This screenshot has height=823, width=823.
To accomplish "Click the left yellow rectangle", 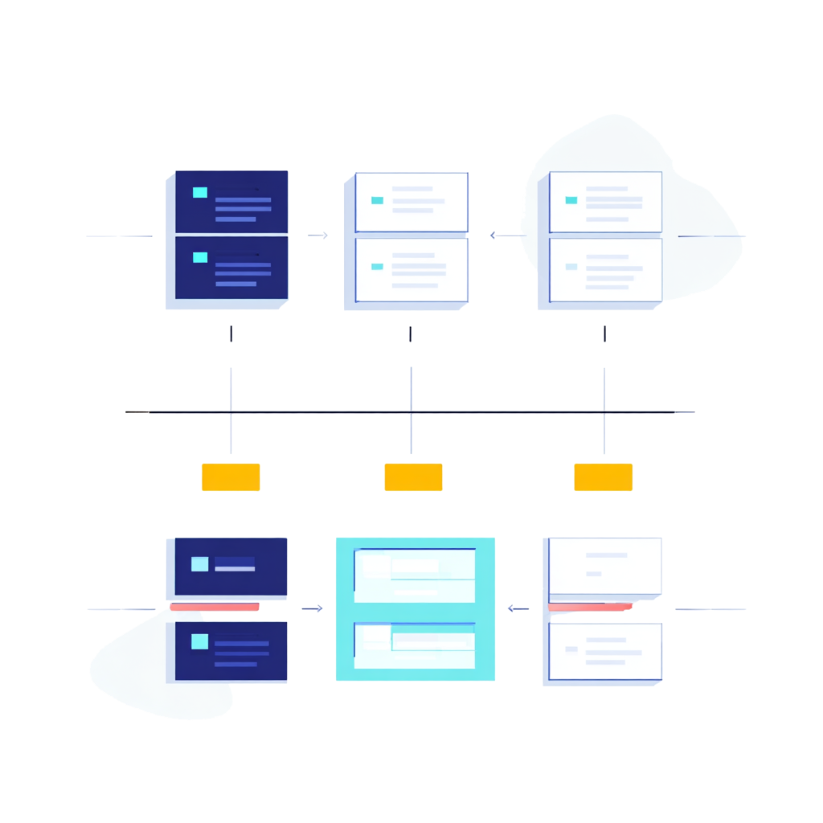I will pyautogui.click(x=231, y=477).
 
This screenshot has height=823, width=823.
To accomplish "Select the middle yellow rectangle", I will pyautogui.click(x=413, y=477).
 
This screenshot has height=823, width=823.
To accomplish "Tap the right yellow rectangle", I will pyautogui.click(x=603, y=477).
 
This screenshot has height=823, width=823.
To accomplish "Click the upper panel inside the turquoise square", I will pyautogui.click(x=415, y=575).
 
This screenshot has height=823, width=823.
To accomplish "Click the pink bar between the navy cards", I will pyautogui.click(x=215, y=607).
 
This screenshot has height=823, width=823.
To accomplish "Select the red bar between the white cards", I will pyautogui.click(x=590, y=608).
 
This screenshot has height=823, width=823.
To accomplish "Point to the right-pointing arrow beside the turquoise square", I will pyautogui.click(x=312, y=608).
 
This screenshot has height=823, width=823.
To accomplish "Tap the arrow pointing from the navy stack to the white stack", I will pyautogui.click(x=318, y=235).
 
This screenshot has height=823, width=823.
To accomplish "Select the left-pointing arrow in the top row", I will pyautogui.click(x=505, y=235).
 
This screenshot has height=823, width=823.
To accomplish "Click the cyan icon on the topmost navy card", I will pyautogui.click(x=200, y=192).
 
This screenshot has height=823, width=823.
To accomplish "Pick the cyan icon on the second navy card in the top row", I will pyautogui.click(x=200, y=257).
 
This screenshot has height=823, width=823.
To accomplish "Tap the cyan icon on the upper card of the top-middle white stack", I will pyautogui.click(x=377, y=200).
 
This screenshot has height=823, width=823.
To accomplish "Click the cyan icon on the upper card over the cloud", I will pyautogui.click(x=571, y=200).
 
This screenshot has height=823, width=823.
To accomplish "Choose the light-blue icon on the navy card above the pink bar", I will pyautogui.click(x=199, y=563).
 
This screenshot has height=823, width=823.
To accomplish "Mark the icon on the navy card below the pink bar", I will pyautogui.click(x=199, y=641).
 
